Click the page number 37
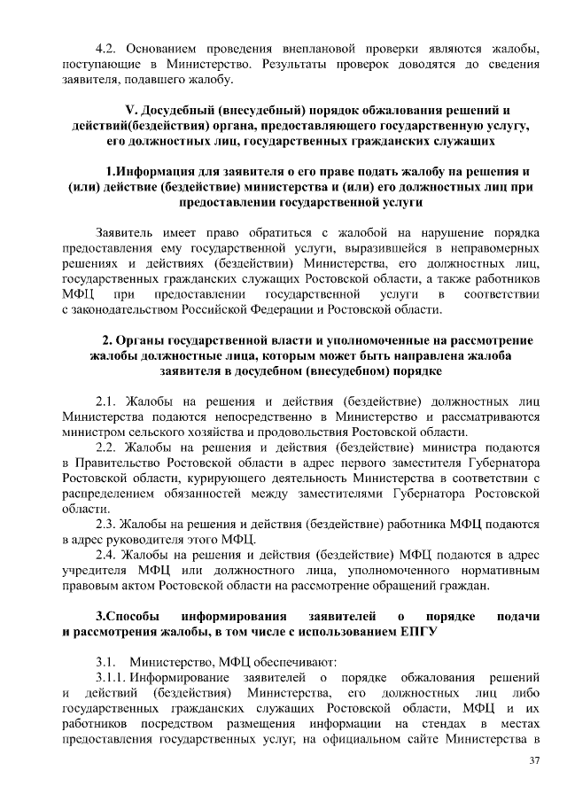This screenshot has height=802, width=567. pos(533,761)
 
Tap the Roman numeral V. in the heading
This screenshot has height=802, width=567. pos(133,111)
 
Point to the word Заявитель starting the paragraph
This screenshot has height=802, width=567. pos(126,231)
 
